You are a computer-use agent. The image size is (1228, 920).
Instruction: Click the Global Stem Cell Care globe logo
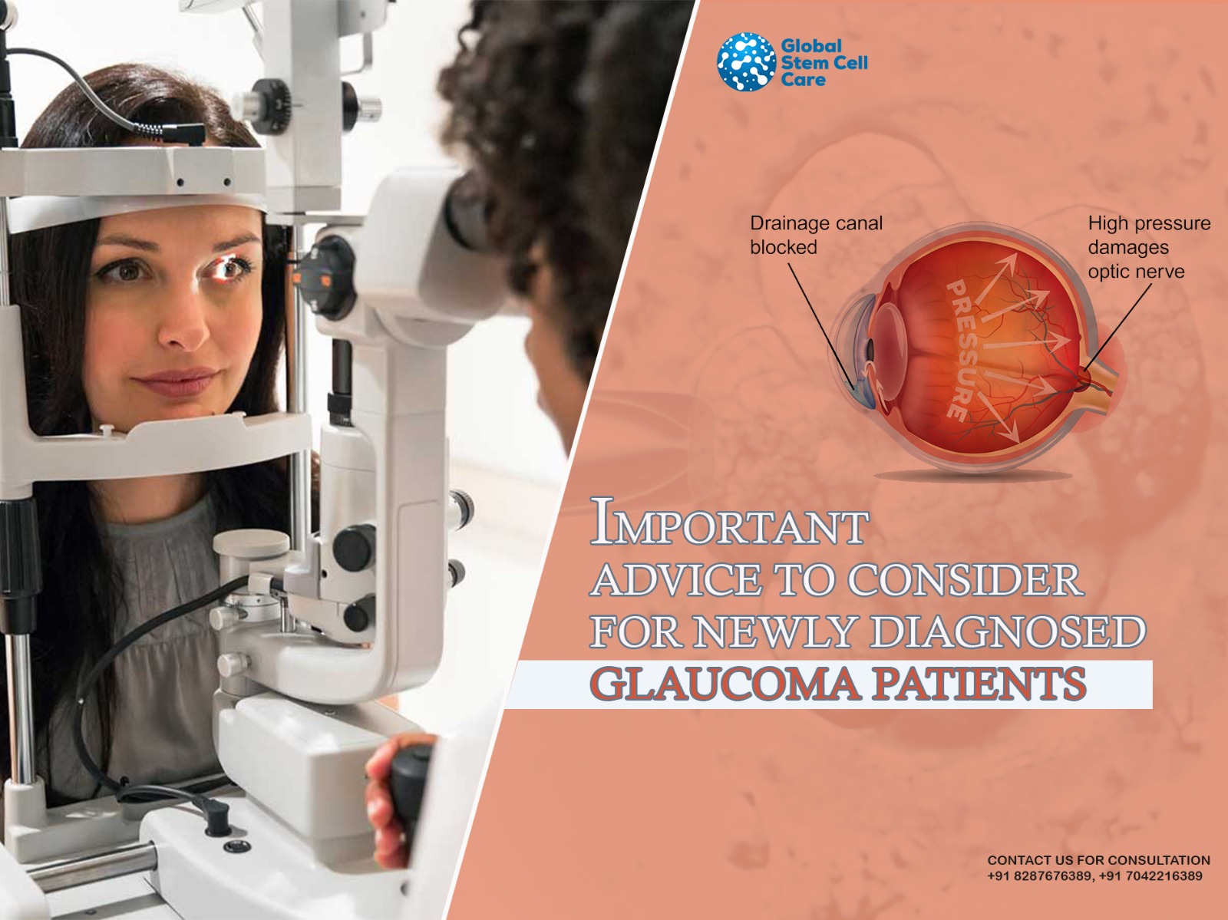pyautogui.click(x=746, y=61)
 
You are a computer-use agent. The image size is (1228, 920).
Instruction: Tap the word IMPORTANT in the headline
pyautogui.click(x=729, y=521)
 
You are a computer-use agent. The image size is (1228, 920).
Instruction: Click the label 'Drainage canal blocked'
pyautogui.click(x=816, y=235)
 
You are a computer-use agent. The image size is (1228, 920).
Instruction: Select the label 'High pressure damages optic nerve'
pyautogui.click(x=1148, y=247)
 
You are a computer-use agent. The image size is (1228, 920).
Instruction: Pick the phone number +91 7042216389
pyautogui.click(x=1150, y=875)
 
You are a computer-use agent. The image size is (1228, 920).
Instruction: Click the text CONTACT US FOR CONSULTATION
pyautogui.click(x=1099, y=860)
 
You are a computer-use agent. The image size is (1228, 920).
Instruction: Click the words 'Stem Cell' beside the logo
pyautogui.click(x=824, y=62)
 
